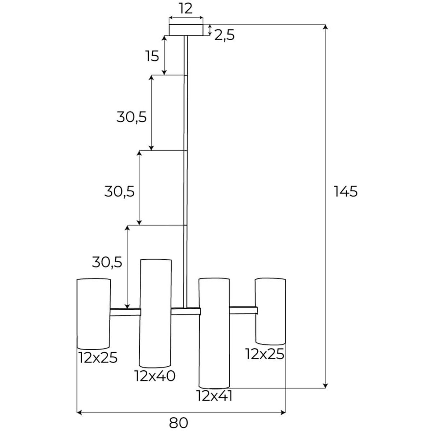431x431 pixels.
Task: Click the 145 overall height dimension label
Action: [346, 192]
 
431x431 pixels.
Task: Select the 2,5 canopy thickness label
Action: [224, 35]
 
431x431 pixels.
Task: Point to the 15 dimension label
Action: [152, 56]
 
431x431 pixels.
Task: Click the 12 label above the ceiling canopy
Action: [186, 9]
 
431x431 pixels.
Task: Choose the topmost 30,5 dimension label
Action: [131, 117]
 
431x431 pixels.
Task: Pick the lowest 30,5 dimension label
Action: [107, 262]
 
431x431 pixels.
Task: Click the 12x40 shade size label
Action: [155, 376]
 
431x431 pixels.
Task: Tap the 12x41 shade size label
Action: [214, 396]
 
